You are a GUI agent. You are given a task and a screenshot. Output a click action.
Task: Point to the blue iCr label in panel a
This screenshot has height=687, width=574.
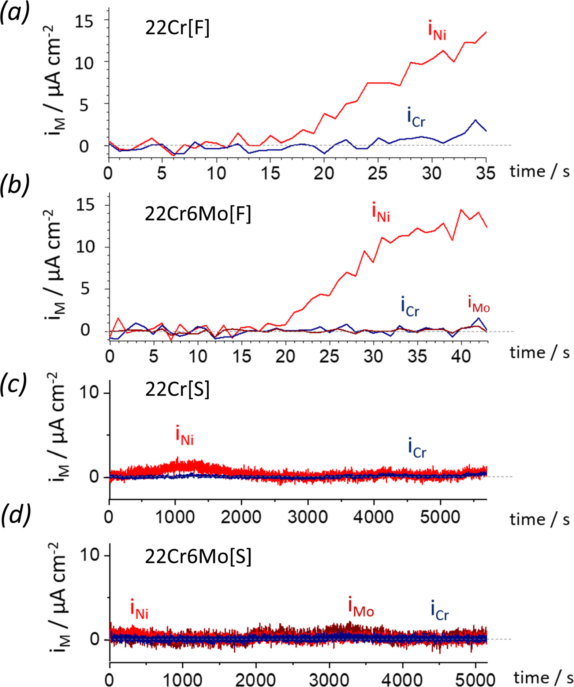(416, 118)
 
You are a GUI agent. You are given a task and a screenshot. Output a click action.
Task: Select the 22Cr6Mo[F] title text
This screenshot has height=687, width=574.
(198, 214)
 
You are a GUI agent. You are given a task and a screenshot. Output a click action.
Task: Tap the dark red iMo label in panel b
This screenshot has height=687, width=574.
(478, 305)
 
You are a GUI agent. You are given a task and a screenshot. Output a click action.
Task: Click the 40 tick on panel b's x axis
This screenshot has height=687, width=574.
(461, 355)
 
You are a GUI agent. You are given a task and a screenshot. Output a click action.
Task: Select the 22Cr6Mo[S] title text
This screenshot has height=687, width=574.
(198, 557)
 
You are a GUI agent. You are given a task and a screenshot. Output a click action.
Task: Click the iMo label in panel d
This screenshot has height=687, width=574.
(361, 608)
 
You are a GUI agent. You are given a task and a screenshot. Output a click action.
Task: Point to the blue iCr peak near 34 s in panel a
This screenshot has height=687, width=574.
(475, 120)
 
